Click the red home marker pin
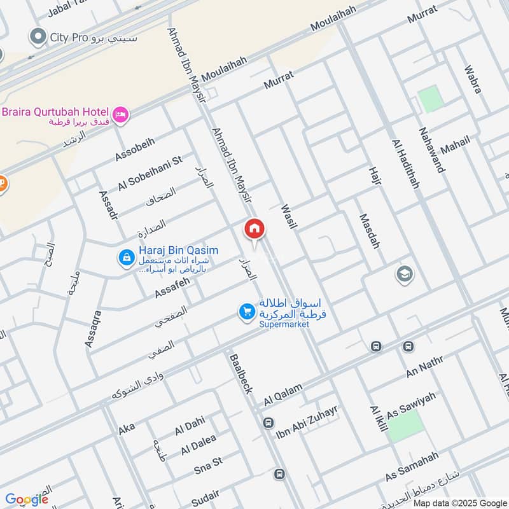254,228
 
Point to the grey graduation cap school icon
403,274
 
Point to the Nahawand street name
432,150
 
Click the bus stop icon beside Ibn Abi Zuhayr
268,423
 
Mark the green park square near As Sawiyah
405,426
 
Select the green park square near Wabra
430,100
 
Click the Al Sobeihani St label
150,172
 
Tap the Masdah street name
369,230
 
